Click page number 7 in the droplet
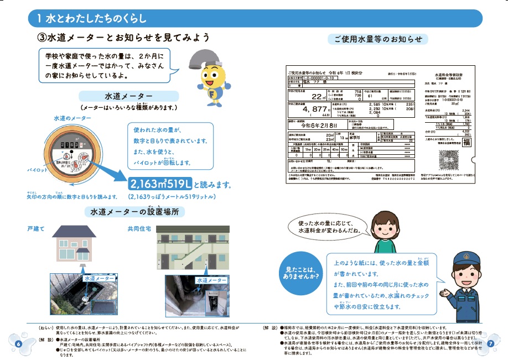click(x=490, y=343)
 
